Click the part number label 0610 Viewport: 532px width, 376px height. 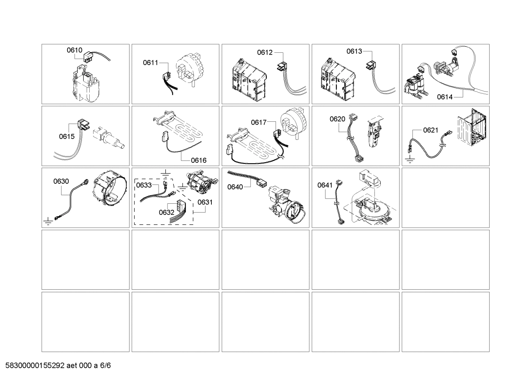click(74, 50)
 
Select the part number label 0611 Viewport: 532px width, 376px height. click(151, 63)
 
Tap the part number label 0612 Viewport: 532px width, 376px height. click(265, 52)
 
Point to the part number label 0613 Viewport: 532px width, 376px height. click(354, 51)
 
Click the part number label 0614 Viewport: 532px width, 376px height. click(445, 97)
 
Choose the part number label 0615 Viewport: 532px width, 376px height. click(67, 137)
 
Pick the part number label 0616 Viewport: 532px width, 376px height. click(198, 160)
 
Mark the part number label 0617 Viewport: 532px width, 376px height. click(259, 122)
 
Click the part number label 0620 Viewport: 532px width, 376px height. click(337, 119)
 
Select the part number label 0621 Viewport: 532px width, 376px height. click(431, 130)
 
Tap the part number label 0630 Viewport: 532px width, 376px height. click(61, 181)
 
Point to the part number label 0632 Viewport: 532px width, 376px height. click(166, 212)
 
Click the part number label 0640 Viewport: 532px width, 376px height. click(235, 187)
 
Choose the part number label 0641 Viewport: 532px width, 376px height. click(325, 185)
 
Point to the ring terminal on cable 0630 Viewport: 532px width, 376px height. click(86, 181)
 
